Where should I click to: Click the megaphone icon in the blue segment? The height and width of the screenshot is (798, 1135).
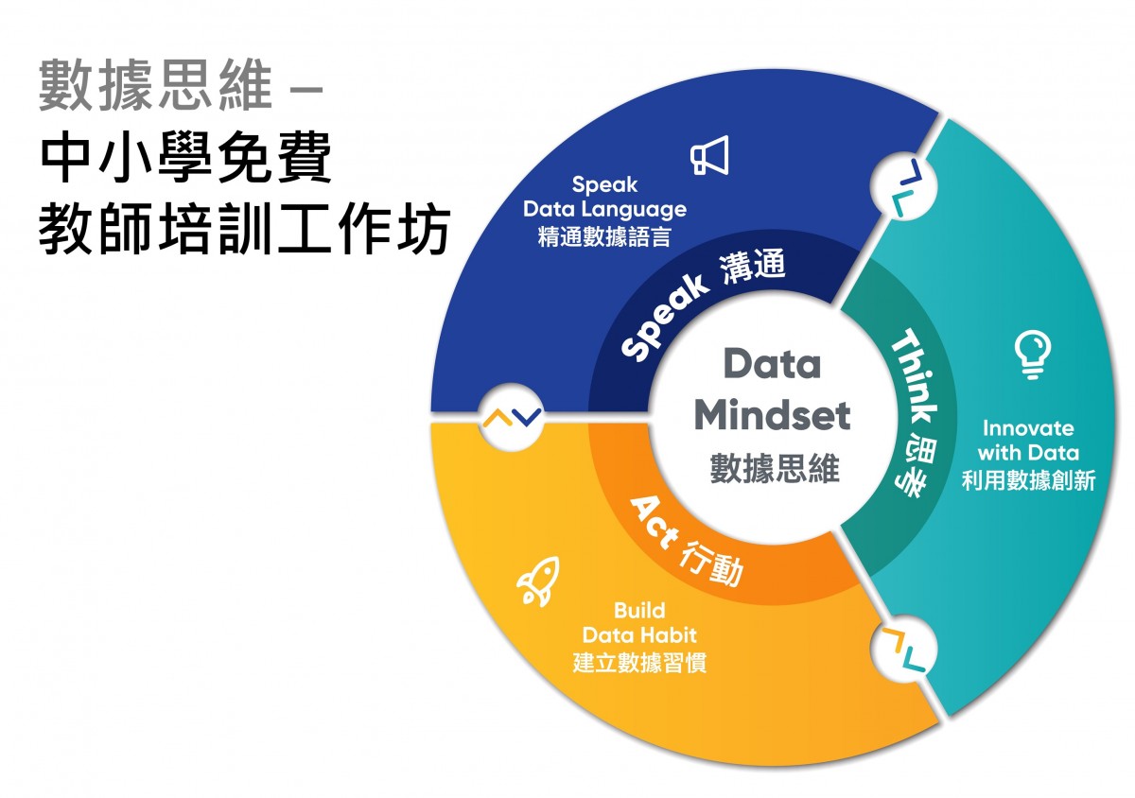click(x=709, y=155)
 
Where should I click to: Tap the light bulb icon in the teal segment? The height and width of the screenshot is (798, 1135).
click(x=1033, y=355)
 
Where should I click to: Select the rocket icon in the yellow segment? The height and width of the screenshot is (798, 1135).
click(x=538, y=581)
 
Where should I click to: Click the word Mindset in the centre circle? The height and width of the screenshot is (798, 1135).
click(x=772, y=415)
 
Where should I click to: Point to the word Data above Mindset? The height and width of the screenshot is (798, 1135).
click(x=772, y=363)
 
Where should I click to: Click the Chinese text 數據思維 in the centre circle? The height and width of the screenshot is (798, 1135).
click(x=775, y=468)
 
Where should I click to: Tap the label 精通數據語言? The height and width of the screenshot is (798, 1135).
click(x=604, y=236)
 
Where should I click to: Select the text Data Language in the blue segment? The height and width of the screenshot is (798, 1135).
click(x=604, y=209)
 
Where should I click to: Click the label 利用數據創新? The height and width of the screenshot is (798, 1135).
click(x=1029, y=479)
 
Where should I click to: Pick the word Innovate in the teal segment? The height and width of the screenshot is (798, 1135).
click(x=1028, y=428)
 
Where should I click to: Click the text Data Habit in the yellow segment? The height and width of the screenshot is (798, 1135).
click(x=639, y=634)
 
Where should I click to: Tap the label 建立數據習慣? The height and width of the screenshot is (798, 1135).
click(x=639, y=662)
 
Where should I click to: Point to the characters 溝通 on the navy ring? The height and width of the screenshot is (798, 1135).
click(x=753, y=266)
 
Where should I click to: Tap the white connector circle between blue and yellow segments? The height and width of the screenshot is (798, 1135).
click(x=512, y=417)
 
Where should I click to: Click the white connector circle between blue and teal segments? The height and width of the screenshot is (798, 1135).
click(x=903, y=185)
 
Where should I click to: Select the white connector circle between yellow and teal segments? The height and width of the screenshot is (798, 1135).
click(x=903, y=649)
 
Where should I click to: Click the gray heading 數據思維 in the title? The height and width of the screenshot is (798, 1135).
click(x=155, y=85)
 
